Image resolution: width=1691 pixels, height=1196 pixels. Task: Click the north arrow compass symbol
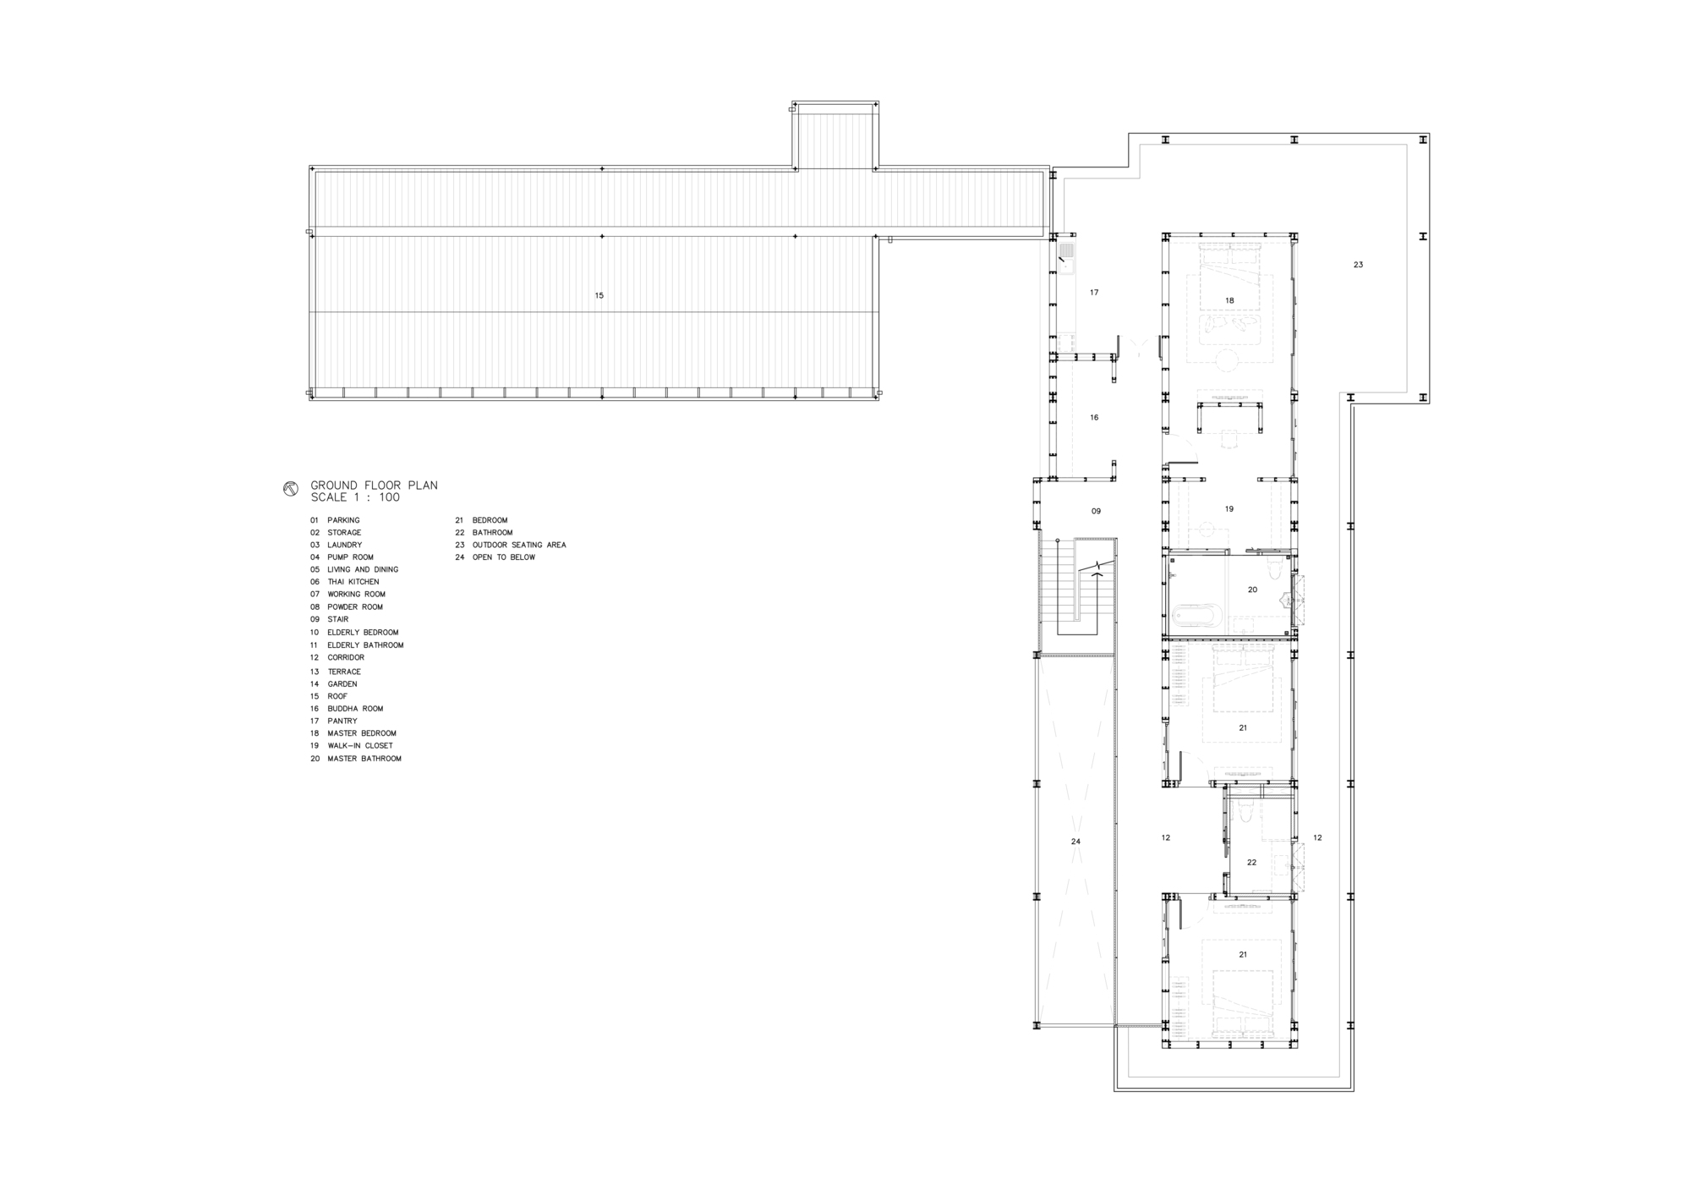pos(290,489)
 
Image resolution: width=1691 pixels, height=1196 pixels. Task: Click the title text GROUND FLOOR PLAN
pos(374,486)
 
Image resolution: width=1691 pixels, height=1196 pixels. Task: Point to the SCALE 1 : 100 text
pos(355,498)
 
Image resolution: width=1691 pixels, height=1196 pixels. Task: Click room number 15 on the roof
pos(599,295)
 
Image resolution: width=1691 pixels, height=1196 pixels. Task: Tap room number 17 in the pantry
pos(1094,293)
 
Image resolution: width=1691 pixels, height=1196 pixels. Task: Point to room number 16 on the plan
pos(1094,418)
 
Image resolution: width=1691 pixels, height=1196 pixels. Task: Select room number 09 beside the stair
pos(1096,511)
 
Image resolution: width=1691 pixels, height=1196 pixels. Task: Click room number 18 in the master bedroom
pos(1229,300)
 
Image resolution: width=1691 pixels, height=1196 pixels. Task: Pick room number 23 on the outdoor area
pos(1358,265)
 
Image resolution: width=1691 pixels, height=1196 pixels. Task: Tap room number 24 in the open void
pos(1075,842)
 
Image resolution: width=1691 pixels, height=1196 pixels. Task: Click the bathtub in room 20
pos(1195,615)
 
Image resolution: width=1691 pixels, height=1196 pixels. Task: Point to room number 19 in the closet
pos(1229,509)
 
